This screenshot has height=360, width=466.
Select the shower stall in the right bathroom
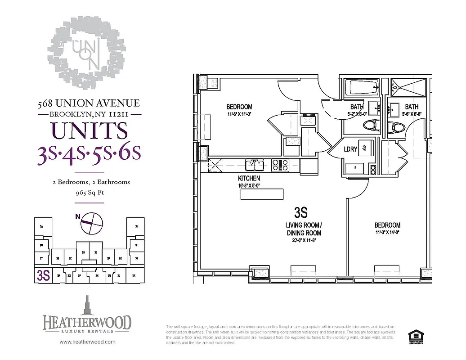tap(409, 87)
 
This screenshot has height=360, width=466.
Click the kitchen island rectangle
tap(262, 194)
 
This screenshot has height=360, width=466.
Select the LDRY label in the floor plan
tap(350, 148)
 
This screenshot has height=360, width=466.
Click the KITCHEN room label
tap(249, 179)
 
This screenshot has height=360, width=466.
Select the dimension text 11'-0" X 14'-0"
tap(387, 233)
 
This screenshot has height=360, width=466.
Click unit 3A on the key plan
tap(42, 226)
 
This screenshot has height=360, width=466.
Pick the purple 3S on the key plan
tap(43, 275)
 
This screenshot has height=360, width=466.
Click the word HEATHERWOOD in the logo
tap(87, 323)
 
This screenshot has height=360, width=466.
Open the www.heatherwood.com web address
tap(87, 342)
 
